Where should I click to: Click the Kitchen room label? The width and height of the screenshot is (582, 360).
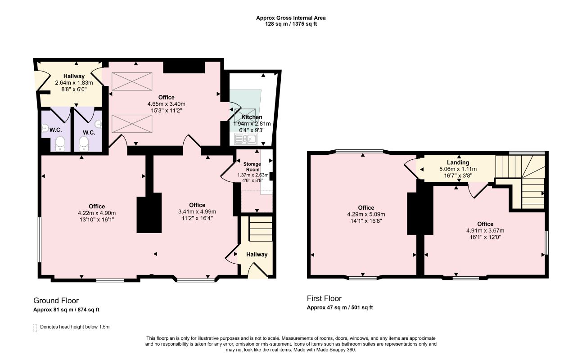(252, 117)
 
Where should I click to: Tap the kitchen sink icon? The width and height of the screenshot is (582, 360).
(245, 139)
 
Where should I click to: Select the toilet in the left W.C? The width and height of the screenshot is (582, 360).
(60, 144)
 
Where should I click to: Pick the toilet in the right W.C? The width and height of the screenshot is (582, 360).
(84, 144)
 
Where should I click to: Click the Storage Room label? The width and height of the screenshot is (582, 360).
(252, 167)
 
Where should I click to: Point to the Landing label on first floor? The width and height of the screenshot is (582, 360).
(458, 162)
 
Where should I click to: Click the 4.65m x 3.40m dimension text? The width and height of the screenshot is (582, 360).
(166, 104)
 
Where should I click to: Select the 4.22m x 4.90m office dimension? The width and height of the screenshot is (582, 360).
(97, 213)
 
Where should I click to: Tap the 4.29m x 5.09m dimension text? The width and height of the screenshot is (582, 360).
(366, 214)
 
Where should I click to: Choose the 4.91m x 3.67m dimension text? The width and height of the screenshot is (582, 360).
(485, 230)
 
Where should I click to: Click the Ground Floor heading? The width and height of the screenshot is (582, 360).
(56, 301)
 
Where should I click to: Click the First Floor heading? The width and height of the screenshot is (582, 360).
(324, 298)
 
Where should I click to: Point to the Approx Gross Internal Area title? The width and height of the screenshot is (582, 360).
(291, 18)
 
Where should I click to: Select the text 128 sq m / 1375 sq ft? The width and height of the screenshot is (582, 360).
(291, 24)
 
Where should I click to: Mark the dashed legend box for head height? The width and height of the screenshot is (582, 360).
(35, 328)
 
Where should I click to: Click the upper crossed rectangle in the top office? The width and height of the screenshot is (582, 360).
(132, 81)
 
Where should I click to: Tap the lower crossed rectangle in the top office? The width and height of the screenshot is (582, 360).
(132, 124)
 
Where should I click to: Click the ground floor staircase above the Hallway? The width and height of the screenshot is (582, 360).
(261, 229)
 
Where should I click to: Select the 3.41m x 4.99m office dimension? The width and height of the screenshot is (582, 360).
(197, 211)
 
